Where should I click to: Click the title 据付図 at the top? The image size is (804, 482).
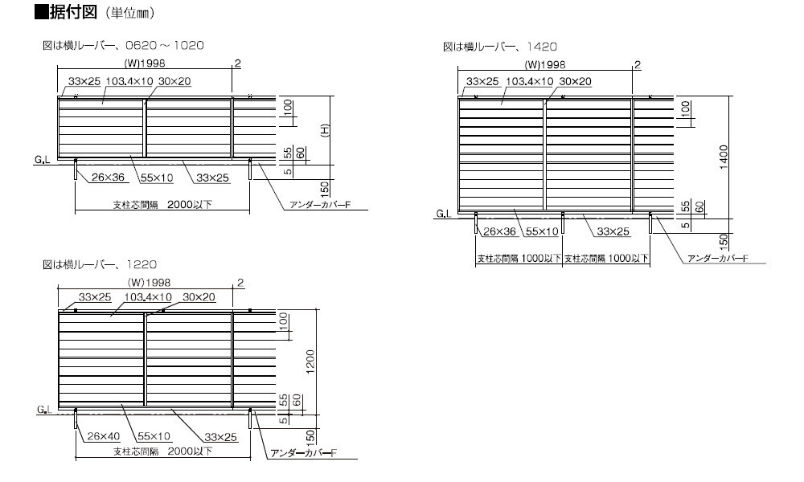point(73,11)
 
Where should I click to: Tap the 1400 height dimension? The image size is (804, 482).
point(724,157)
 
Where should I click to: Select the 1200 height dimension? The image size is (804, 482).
point(310,361)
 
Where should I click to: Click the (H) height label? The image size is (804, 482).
point(325,130)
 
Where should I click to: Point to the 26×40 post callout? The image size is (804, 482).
point(103,436)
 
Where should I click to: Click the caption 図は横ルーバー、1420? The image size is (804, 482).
point(500,47)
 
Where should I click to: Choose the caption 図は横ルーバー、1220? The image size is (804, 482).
point(100,265)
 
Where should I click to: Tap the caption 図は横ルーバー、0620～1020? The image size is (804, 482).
point(123,46)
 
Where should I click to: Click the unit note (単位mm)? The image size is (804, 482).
point(130,14)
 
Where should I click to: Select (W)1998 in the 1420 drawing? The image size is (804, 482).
point(545,64)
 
